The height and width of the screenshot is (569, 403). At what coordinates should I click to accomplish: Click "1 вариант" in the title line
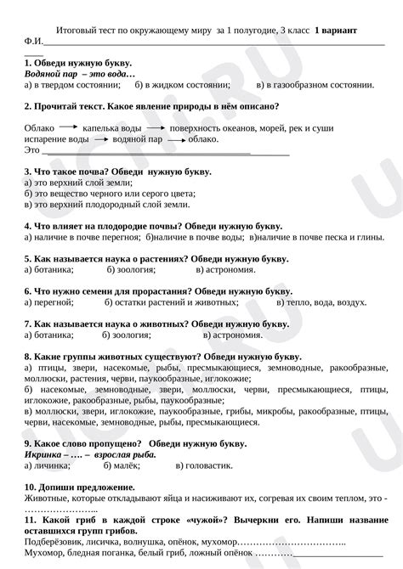pyautogui.click(x=336, y=30)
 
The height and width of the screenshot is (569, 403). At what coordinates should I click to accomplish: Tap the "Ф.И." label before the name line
pyautogui.click(x=32, y=41)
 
